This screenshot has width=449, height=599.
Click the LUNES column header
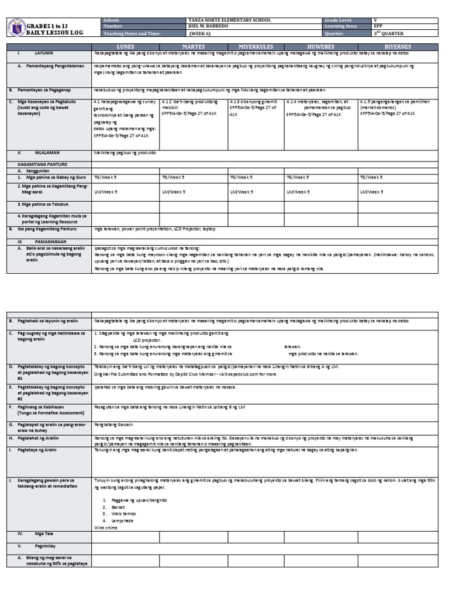coord(125,46)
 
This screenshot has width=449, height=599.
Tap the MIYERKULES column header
coord(255,46)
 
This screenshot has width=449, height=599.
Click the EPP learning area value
coord(379,26)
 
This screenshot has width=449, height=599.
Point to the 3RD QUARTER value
coord(389,33)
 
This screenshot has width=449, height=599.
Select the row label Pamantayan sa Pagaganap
coord(44,91)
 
